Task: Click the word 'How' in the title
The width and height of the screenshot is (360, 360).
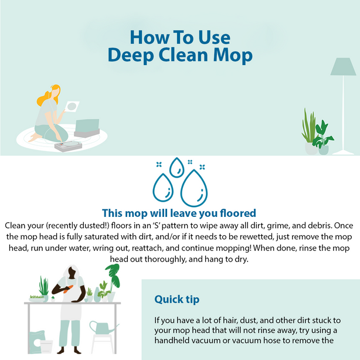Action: pyautogui.click(x=147, y=37)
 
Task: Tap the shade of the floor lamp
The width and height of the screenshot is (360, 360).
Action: pyautogui.click(x=343, y=67)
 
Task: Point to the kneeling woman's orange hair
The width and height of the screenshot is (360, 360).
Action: pyautogui.click(x=46, y=97)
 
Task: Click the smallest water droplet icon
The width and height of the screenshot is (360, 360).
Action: pyautogui.click(x=176, y=168)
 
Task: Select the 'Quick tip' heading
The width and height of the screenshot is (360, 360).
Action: pyautogui.click(x=176, y=299)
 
